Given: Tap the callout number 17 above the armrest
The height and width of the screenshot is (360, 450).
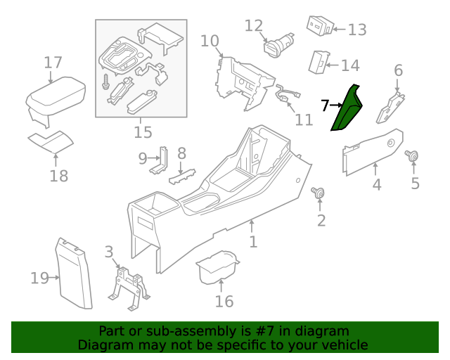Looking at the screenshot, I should click(53, 63).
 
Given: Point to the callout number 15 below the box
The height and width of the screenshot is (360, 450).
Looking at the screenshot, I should click(143, 131).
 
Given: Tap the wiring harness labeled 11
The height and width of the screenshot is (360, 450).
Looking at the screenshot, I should click(286, 97).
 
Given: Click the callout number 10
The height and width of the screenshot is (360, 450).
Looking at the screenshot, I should click(210, 41).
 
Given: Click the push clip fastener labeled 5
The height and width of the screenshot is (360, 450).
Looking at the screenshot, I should click(412, 157).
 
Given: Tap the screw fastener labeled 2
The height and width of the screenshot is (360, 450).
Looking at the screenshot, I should click(319, 193).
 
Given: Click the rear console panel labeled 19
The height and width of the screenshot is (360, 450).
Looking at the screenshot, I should click(75, 275).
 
